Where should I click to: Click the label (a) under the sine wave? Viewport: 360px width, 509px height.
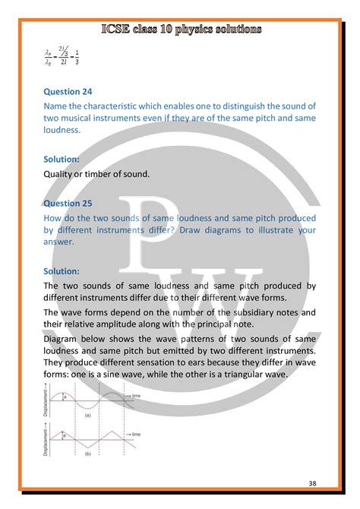pyautogui.click(x=88, y=416)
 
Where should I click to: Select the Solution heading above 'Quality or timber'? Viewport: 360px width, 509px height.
pyautogui.click(x=64, y=159)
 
